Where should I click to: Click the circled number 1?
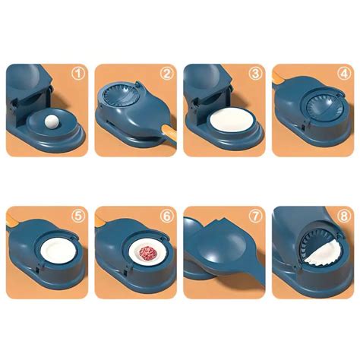coord(78,73)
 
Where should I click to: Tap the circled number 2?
coord(167,73)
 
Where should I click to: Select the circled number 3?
coord(255,73)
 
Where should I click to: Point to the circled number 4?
coord(344,73)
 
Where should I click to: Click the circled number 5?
coord(78,216)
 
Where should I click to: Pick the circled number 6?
coord(167,216)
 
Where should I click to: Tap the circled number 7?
coord(255,216)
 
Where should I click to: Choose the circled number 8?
coord(344,216)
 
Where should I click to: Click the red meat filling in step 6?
coord(149,253)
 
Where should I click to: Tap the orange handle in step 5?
coord(12,219)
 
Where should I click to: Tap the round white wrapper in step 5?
coord(59,251)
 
